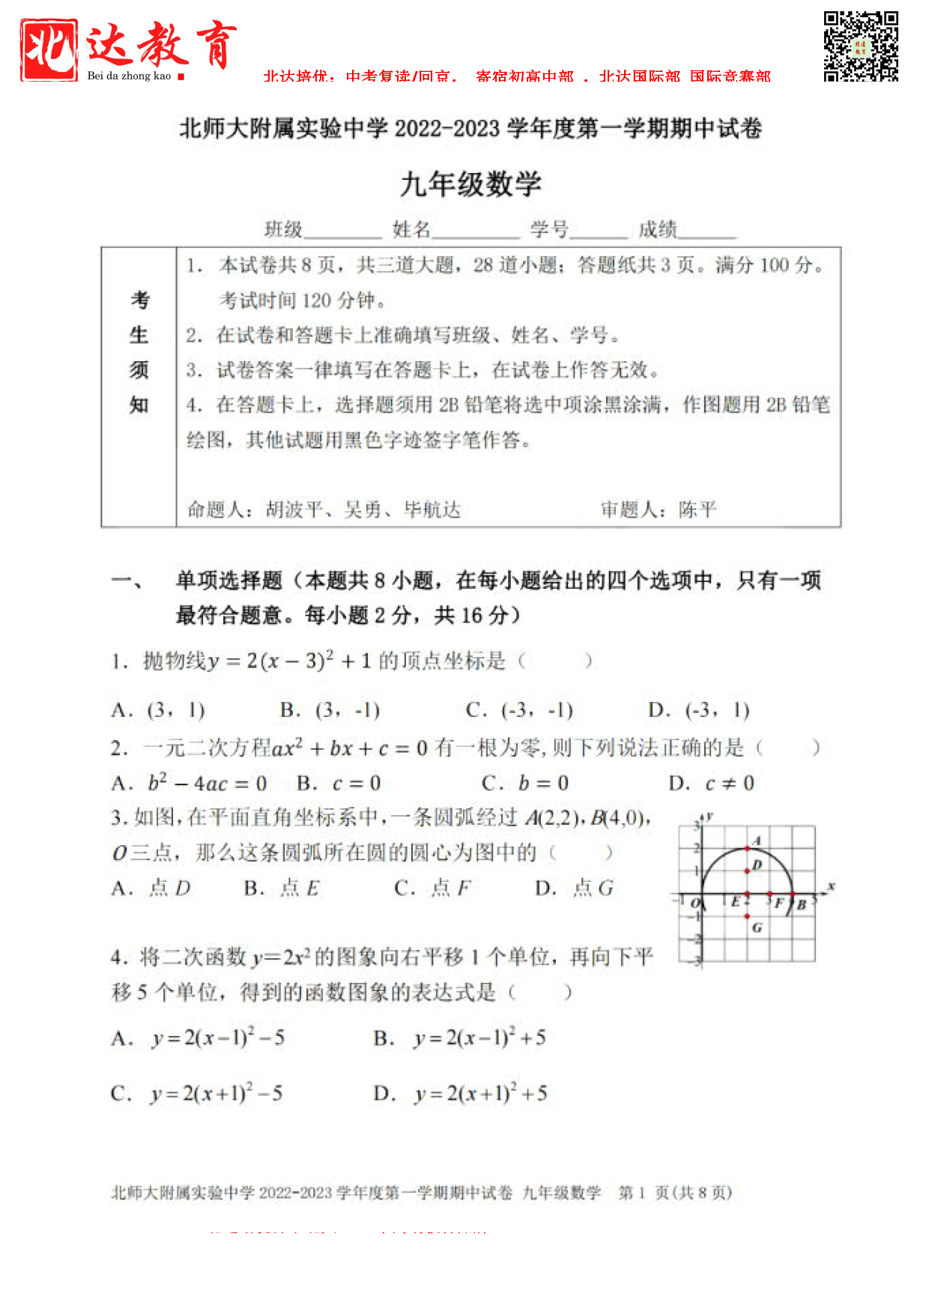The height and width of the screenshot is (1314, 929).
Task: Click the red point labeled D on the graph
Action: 747,871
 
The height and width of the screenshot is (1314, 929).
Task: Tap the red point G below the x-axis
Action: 747,916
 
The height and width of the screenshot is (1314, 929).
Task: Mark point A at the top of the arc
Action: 747,848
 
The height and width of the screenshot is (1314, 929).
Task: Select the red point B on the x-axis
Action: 793,894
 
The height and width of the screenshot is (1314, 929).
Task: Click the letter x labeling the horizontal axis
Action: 831,886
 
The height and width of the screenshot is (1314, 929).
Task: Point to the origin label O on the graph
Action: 695,903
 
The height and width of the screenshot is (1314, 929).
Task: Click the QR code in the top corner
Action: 861,46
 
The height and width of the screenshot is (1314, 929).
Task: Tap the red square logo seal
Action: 49,49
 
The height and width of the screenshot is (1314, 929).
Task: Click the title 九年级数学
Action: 470,184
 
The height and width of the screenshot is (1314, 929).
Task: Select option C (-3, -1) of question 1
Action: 519,710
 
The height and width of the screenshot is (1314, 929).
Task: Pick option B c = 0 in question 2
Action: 339,784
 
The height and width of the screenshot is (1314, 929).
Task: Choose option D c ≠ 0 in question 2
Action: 712,784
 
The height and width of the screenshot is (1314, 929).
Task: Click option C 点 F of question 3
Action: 432,888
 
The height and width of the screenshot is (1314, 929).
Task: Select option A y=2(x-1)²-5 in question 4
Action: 199,1038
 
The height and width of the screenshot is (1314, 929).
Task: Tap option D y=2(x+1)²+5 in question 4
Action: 461,1094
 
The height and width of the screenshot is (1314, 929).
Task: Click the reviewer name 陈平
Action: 697,510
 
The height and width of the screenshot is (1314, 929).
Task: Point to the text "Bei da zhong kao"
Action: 129,76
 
